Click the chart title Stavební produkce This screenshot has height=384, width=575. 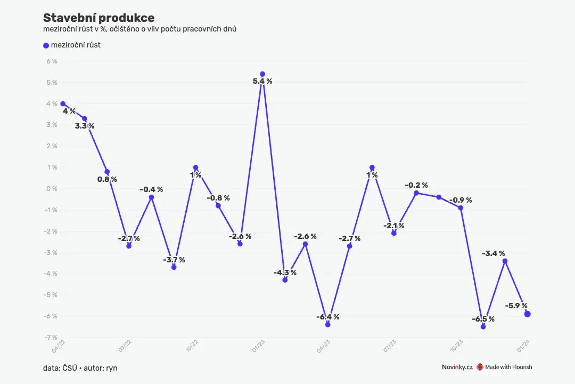(x=98, y=18)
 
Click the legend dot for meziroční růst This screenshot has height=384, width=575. (x=46, y=45)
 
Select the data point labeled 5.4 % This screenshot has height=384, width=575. (x=262, y=74)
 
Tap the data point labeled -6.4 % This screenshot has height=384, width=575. (x=328, y=324)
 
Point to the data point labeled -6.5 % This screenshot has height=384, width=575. (x=483, y=327)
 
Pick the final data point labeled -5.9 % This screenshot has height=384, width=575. (x=527, y=314)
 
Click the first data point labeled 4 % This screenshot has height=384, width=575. (x=63, y=104)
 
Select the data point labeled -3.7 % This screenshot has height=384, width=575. (x=174, y=267)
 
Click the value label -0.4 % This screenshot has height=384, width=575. (x=151, y=190)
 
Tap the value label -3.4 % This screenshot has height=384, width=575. (x=493, y=253)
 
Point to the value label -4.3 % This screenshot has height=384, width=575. (x=285, y=273)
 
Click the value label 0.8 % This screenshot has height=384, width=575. (x=107, y=179)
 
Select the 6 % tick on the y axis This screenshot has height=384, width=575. (x=52, y=61)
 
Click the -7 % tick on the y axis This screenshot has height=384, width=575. (x=51, y=337)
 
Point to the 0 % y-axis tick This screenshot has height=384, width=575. (x=52, y=189)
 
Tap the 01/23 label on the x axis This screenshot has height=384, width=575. (x=258, y=346)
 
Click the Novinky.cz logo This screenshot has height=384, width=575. (x=457, y=367)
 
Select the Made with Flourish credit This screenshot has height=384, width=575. (x=504, y=367)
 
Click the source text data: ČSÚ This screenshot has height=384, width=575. (x=60, y=368)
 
